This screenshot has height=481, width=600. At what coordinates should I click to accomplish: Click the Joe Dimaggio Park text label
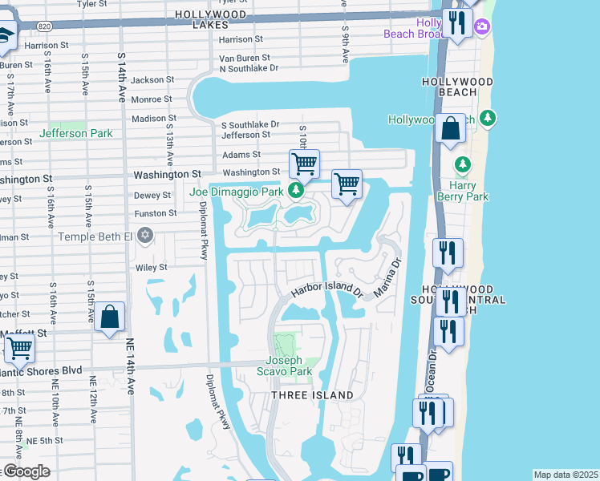click(236, 192)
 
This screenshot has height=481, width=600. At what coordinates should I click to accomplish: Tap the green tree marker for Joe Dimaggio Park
click(297, 190)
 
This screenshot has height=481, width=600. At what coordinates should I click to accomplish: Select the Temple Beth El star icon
click(144, 235)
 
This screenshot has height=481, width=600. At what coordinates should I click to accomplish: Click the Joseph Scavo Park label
click(284, 366)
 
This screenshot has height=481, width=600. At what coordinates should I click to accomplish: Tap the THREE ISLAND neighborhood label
click(313, 395)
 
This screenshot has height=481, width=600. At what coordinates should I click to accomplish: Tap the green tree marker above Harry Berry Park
click(462, 164)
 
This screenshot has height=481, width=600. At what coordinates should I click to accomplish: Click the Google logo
click(26, 471)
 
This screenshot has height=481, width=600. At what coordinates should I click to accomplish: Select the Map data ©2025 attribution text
click(565, 475)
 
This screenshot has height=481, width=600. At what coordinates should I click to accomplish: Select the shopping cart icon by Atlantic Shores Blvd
click(19, 349)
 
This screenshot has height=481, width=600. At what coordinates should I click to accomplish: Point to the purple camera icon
click(481, 27)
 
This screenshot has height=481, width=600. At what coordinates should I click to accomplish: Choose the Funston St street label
click(156, 213)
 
